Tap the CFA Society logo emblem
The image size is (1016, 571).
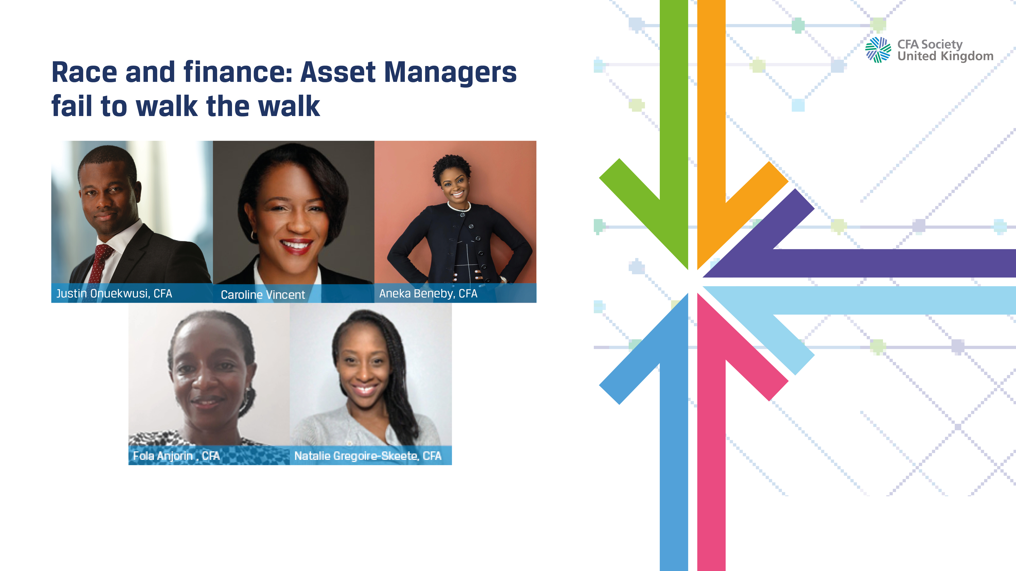[878, 50]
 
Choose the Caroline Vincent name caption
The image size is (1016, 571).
[263, 295]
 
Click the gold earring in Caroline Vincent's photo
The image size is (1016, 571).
[252, 235]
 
